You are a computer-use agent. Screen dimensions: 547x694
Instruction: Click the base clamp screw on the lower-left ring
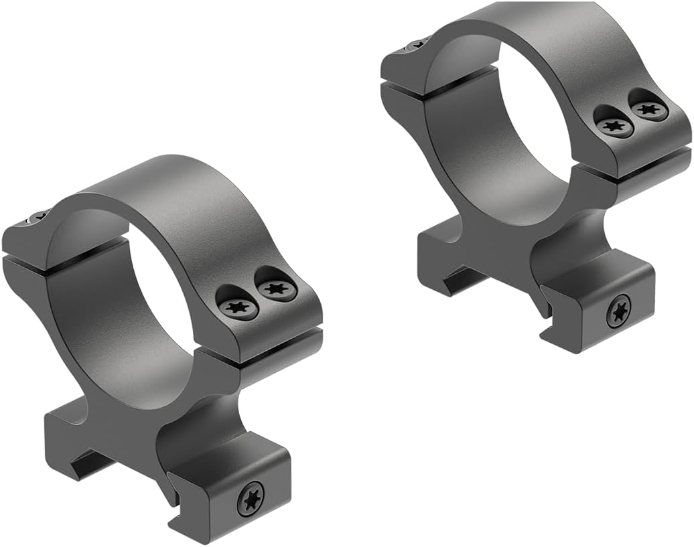point(251,498)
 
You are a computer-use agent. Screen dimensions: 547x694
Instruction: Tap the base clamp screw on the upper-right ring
point(619,311)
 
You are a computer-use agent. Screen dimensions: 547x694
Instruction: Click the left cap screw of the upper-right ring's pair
point(612,125)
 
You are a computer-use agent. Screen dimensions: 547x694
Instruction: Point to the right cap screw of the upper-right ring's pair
point(646,108)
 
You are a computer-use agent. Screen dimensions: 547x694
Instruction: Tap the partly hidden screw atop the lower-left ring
point(38,216)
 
